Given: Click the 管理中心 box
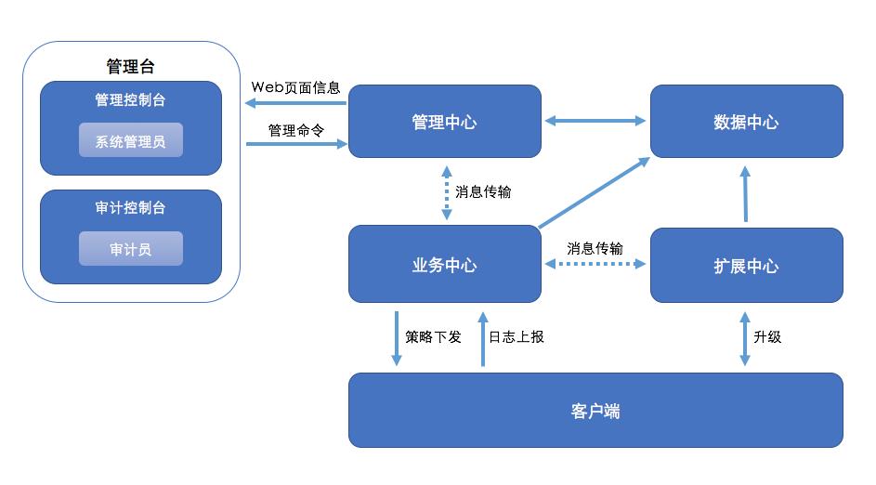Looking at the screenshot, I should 444,122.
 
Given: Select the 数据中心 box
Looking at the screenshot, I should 746,122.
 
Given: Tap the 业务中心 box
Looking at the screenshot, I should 444,265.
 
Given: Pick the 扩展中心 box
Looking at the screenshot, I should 746,265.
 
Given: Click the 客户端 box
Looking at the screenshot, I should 595,411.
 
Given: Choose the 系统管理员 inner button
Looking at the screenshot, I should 130,141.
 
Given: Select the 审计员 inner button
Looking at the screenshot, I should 130,249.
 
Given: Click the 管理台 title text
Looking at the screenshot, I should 130,66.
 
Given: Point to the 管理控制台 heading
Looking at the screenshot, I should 130,99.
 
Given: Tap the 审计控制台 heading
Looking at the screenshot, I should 130,208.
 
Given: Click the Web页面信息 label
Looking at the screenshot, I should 295,87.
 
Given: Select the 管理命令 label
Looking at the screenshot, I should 295,131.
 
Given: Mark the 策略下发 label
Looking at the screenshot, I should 433,336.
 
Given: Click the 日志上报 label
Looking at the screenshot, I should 516,336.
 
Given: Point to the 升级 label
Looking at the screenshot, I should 767,336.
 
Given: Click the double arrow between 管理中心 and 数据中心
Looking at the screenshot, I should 595,121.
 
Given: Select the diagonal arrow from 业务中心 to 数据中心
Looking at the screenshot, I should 595,192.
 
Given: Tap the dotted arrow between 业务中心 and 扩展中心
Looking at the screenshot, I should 595,265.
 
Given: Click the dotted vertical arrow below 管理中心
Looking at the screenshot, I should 447,192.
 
